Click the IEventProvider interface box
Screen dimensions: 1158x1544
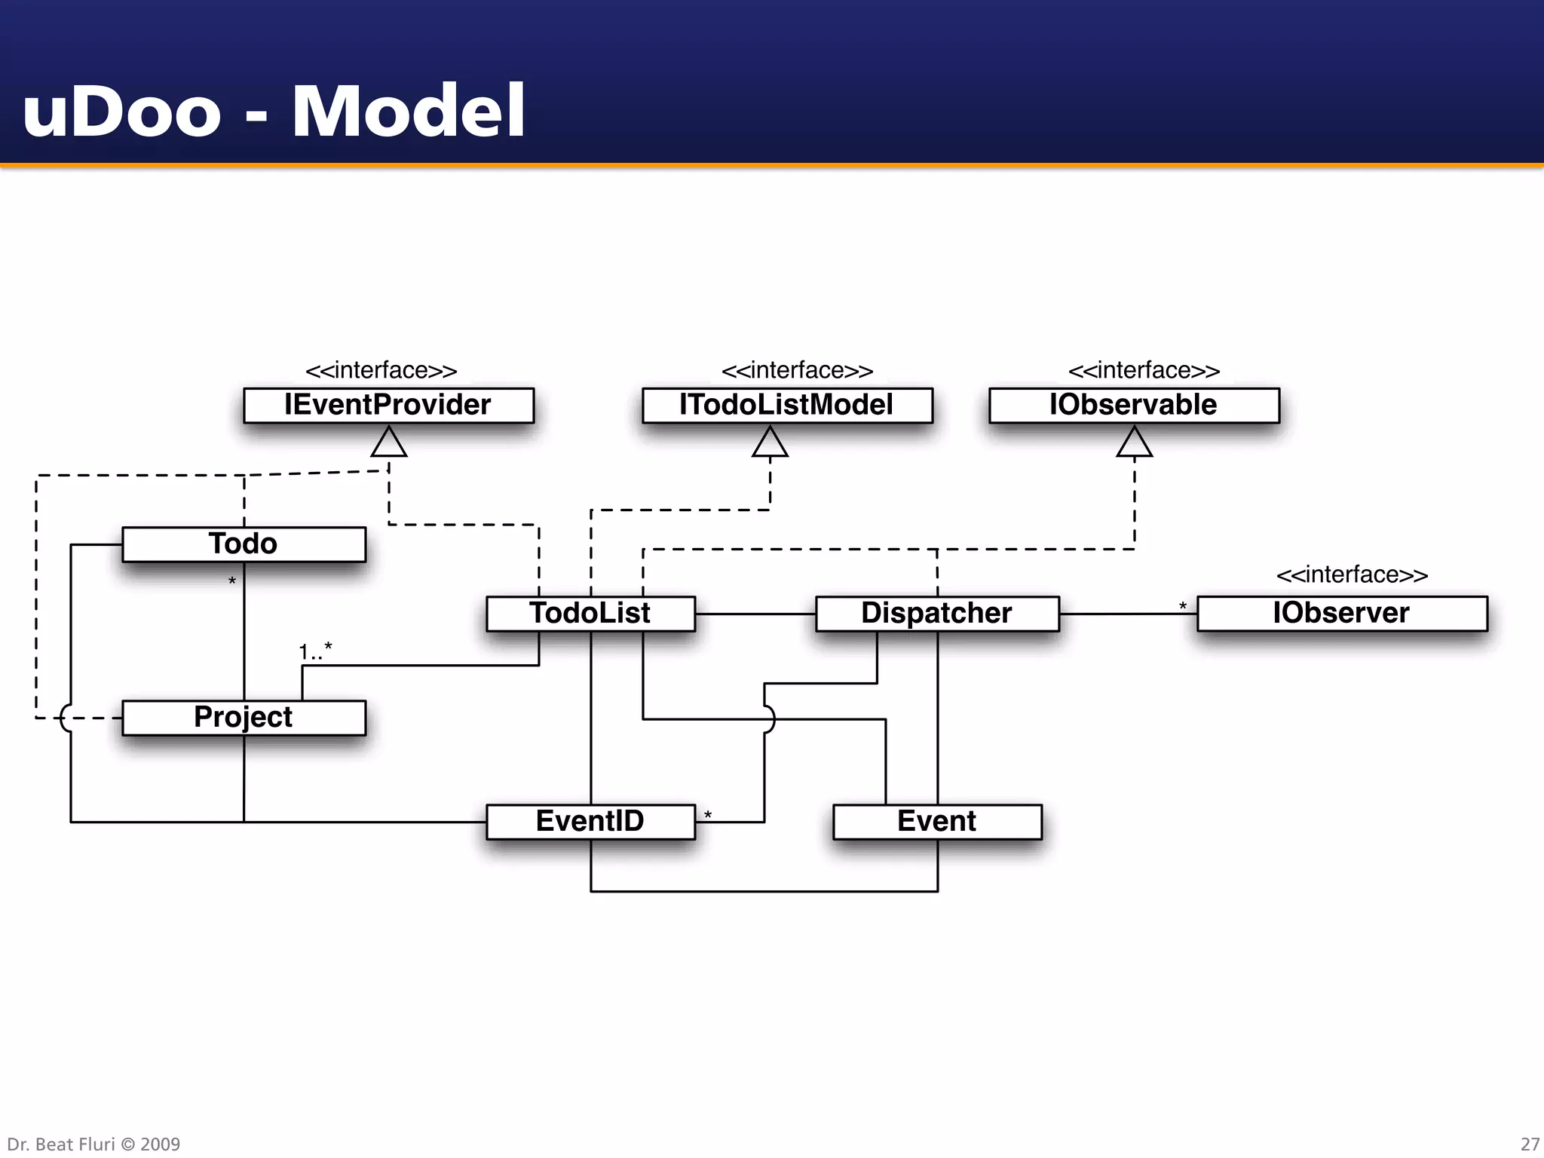click(388, 405)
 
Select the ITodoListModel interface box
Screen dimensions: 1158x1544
click(787, 405)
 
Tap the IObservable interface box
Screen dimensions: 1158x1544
click(1134, 405)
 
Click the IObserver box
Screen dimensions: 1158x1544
click(1342, 613)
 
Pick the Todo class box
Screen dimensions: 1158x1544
click(244, 544)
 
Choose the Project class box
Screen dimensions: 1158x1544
click(244, 717)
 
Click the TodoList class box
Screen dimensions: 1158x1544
click(590, 613)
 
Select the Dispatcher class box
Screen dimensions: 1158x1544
click(937, 613)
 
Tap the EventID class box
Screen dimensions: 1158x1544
click(590, 821)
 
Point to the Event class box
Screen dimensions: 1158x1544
click(937, 821)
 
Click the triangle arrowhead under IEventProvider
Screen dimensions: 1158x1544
click(389, 443)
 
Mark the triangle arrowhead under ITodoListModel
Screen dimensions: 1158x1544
click(770, 443)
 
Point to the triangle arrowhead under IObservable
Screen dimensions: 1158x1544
click(1135, 443)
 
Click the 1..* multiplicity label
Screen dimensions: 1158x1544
click(315, 651)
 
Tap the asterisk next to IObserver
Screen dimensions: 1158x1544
click(1183, 606)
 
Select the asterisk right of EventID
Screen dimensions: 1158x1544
click(708, 815)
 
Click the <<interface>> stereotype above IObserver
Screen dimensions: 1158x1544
click(1352, 574)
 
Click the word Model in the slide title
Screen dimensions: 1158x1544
click(409, 112)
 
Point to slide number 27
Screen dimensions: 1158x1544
click(1530, 1144)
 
